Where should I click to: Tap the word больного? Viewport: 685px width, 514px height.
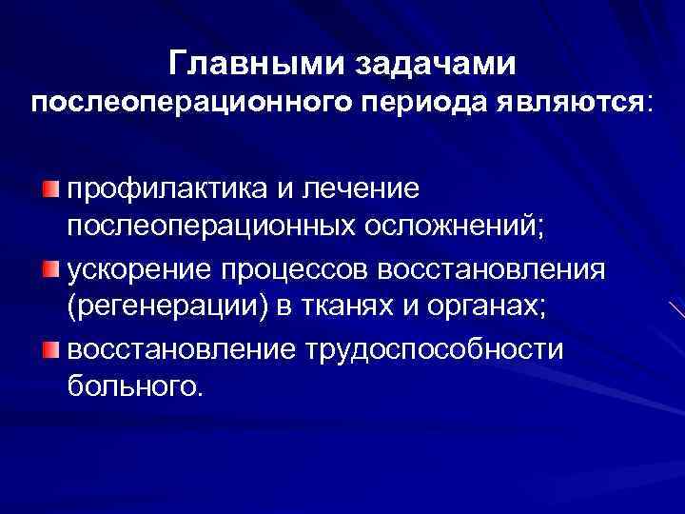point(134,387)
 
